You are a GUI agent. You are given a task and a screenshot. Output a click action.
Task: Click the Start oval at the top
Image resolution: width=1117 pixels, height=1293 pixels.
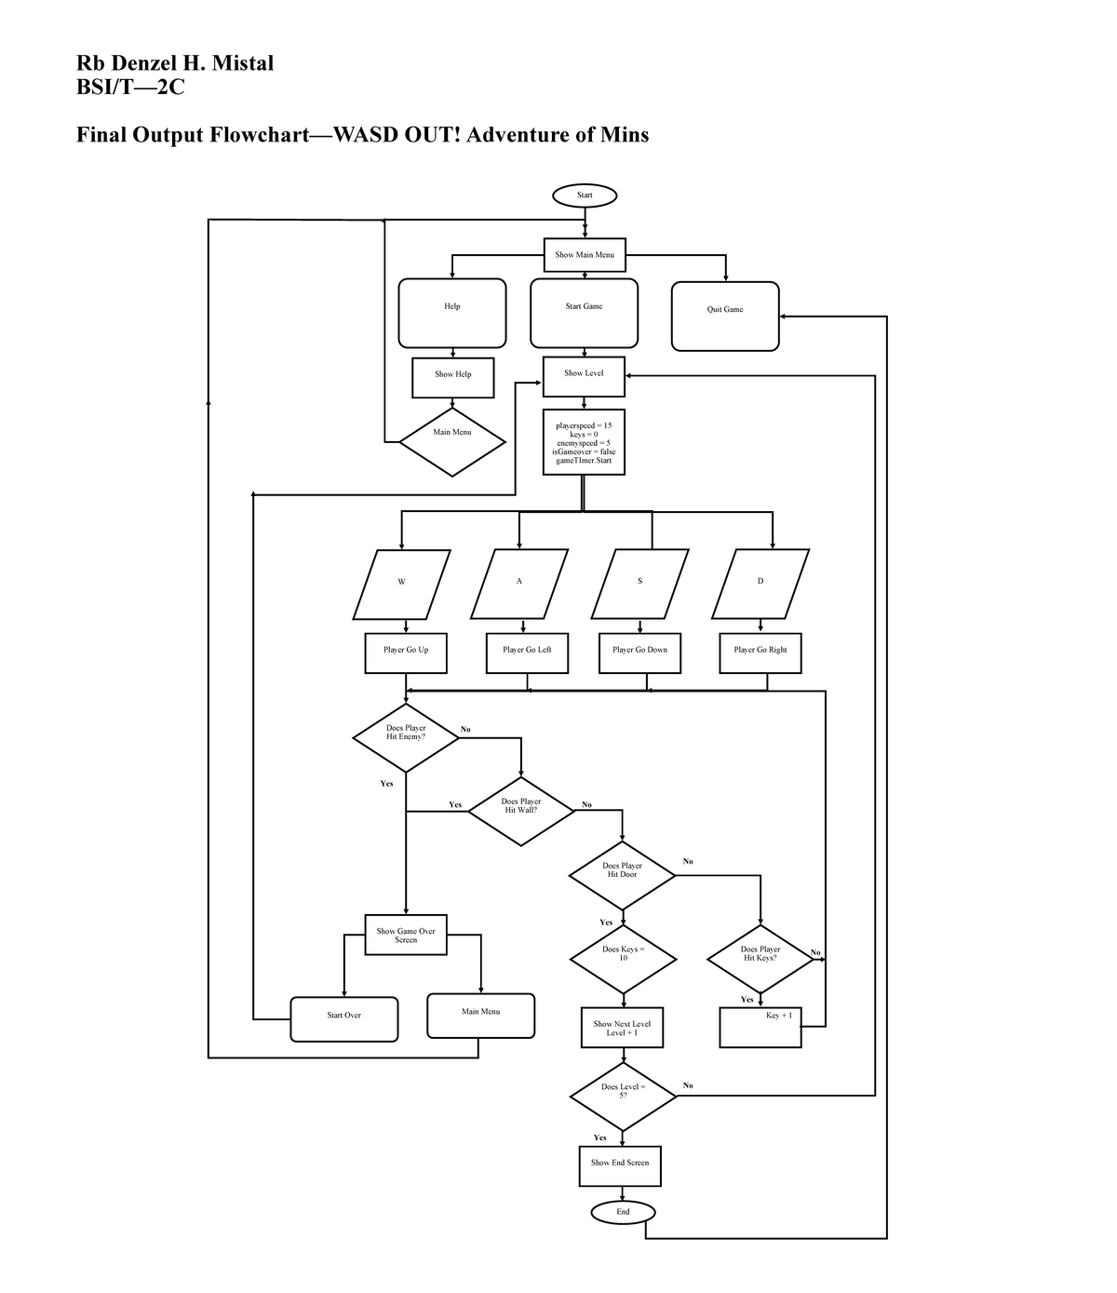tap(584, 195)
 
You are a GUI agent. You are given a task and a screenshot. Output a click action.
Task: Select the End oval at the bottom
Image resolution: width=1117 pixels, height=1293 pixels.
tap(623, 1212)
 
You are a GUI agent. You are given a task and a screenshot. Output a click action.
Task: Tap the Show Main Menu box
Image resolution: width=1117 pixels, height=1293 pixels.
tap(585, 255)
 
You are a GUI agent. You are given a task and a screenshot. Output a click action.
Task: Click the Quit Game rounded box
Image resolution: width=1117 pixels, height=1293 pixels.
tap(725, 316)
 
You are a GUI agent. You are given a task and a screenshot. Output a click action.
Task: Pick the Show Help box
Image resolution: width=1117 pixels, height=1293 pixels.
tap(453, 377)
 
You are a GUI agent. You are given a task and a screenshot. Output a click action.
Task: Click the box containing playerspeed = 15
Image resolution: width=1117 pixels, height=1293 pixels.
tap(584, 442)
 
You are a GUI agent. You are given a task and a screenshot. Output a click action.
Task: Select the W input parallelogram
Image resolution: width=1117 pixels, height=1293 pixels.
tap(402, 584)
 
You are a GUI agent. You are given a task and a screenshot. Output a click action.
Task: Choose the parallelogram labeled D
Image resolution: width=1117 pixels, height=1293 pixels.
tap(760, 584)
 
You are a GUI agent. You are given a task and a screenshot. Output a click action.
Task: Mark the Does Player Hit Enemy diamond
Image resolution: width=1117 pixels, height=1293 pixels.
tap(406, 737)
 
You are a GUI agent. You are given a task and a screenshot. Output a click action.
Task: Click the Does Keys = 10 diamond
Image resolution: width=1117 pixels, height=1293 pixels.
tap(623, 959)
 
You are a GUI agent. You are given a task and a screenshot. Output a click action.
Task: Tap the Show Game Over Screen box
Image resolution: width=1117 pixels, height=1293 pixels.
tap(406, 935)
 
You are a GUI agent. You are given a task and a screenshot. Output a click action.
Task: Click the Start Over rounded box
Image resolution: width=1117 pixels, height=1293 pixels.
tap(344, 1018)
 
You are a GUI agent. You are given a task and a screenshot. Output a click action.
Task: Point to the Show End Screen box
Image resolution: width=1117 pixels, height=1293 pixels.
tap(620, 1165)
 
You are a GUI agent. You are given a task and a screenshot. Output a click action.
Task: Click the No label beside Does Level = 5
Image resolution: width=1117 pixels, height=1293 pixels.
tap(688, 1085)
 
